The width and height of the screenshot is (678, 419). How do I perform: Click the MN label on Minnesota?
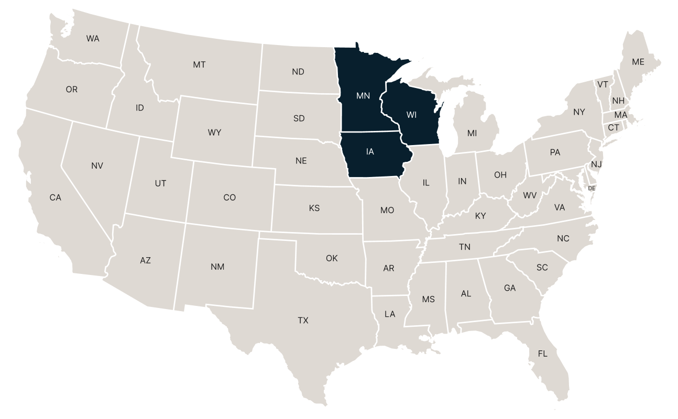(363, 96)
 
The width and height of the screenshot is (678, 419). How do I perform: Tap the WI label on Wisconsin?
(411, 115)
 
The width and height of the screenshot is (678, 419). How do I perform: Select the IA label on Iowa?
(370, 152)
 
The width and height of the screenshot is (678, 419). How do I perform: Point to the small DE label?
(592, 188)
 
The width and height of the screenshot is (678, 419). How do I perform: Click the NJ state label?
(596, 164)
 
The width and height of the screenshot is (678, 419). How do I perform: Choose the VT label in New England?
(603, 84)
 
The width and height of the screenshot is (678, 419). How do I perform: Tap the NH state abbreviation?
(618, 101)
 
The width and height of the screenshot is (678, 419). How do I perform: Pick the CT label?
(614, 127)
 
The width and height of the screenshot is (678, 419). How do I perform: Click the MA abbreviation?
(621, 115)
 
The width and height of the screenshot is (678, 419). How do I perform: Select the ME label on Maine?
(638, 62)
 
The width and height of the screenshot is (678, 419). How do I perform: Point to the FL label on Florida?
(542, 354)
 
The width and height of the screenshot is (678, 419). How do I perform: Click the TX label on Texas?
(303, 321)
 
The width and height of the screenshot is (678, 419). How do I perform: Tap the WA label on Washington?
(93, 38)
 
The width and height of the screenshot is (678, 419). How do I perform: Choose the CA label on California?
(55, 197)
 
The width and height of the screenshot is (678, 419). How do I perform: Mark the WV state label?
(530, 195)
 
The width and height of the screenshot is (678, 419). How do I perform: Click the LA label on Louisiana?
(390, 314)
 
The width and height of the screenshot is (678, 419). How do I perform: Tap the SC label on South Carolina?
(542, 268)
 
